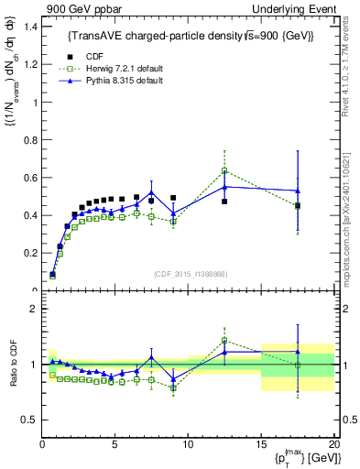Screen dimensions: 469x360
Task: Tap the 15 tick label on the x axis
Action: pos(261,444)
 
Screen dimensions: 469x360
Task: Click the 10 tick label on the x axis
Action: pos(188,444)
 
